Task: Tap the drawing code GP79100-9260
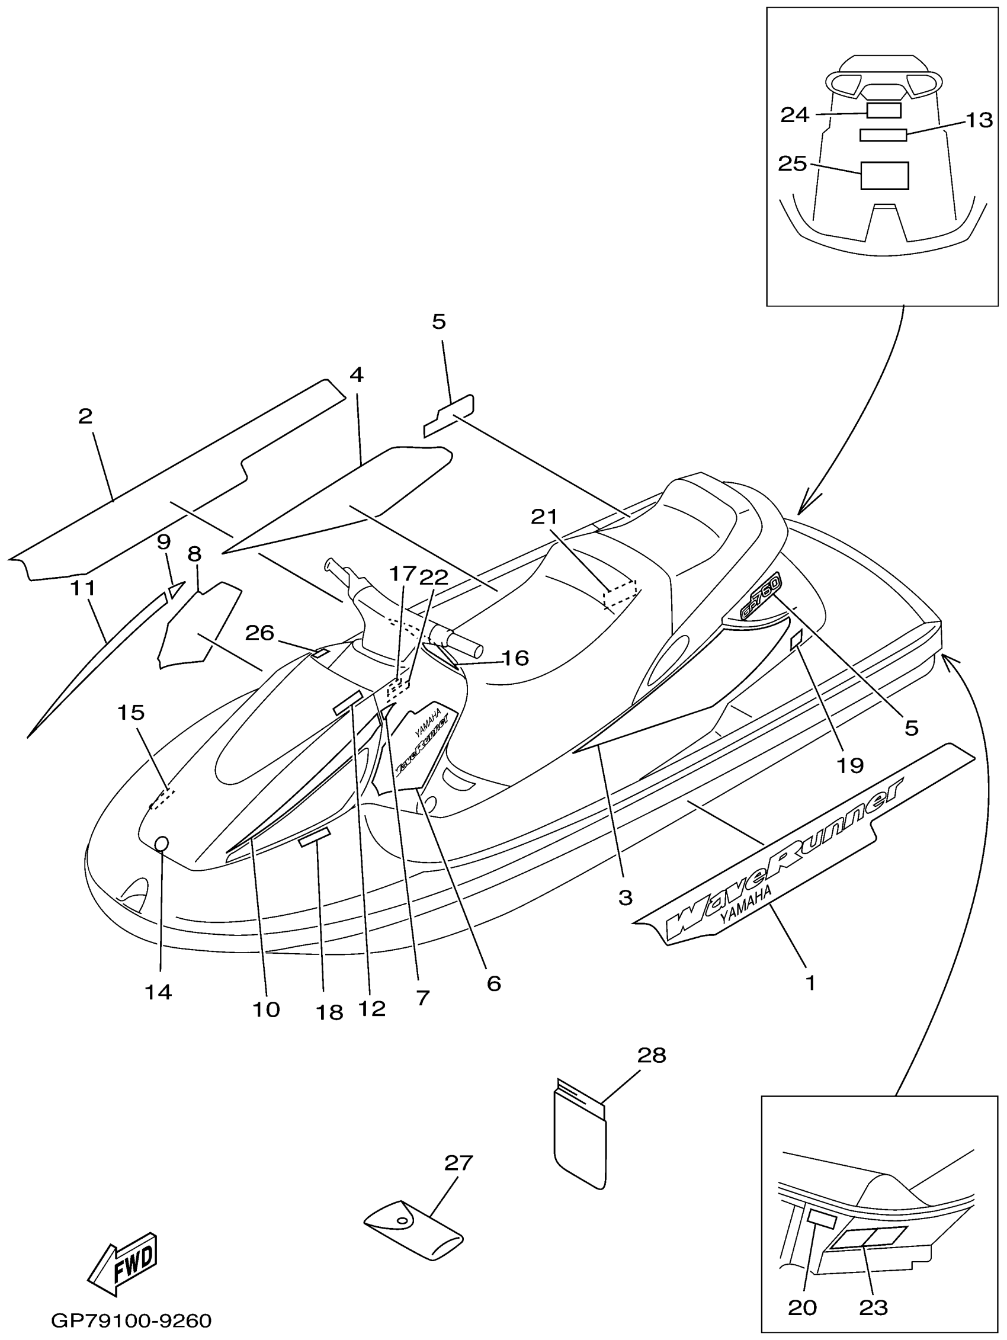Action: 131,1320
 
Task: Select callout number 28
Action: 652,1054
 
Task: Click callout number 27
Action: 458,1162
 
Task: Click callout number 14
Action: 158,992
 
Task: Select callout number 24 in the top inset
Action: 794,114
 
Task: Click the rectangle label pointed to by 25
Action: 884,176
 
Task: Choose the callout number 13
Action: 979,120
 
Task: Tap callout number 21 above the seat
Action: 544,516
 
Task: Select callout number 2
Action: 85,416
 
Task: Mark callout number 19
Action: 849,765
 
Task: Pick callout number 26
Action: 260,633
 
